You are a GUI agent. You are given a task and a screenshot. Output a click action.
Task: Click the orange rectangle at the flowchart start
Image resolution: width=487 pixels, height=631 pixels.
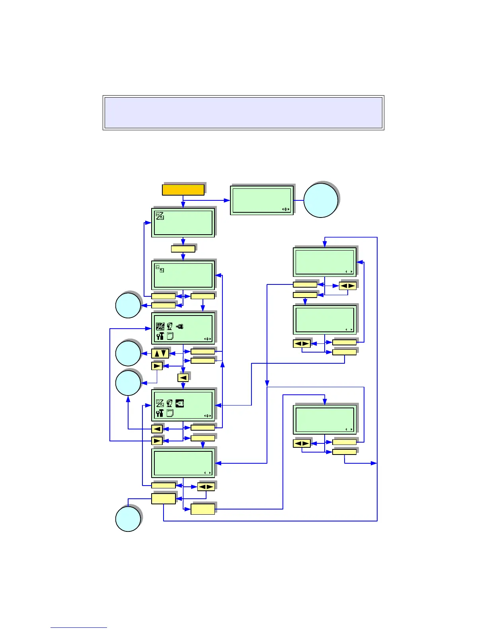[x=183, y=189]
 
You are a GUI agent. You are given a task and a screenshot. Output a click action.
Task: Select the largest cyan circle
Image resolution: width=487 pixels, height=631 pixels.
[x=321, y=200]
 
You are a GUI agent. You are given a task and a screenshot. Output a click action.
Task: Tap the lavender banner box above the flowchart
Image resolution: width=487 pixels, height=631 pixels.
[x=243, y=112]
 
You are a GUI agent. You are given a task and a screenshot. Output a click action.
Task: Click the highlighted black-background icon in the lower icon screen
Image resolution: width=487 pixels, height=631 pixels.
[x=179, y=403]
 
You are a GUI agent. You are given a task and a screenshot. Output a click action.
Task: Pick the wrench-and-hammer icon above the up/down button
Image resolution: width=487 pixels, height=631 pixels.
[x=160, y=336]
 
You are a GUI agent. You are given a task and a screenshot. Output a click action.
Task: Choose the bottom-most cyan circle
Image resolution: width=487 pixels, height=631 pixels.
[x=128, y=519]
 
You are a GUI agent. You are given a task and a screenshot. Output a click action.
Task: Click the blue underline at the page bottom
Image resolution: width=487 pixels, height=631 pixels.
[x=78, y=627]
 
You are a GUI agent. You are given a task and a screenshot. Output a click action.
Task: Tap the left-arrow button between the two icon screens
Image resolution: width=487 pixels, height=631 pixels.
[x=183, y=377]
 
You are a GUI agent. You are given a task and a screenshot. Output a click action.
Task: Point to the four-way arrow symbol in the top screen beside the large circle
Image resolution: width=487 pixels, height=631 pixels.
[x=286, y=209]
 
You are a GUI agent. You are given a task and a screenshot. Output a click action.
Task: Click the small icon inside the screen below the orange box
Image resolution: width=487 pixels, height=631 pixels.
[x=160, y=216]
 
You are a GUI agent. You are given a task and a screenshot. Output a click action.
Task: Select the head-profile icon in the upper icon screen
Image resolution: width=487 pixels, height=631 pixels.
[x=170, y=326]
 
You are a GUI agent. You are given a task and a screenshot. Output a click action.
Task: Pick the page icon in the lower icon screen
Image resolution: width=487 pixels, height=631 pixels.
[x=170, y=413]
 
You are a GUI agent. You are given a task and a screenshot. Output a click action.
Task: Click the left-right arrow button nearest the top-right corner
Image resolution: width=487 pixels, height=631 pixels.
[x=348, y=286]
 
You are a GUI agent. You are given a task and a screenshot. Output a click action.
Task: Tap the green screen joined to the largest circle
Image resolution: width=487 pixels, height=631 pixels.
[x=262, y=200]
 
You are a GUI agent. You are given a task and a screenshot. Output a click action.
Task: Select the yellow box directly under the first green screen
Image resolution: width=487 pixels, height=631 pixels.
[x=183, y=249]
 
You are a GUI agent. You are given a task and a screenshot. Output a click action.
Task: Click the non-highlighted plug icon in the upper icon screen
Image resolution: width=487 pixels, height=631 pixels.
[x=180, y=326]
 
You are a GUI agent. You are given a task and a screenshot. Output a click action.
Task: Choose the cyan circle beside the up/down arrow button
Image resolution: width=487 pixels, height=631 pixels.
[x=128, y=353]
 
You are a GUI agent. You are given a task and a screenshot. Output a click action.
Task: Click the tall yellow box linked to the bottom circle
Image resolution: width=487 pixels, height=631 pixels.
[x=164, y=499]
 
